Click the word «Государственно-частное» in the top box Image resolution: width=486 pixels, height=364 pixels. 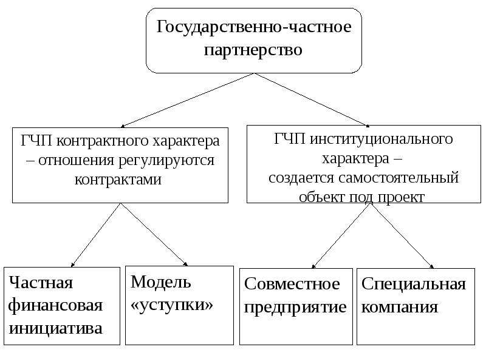tap(254, 27)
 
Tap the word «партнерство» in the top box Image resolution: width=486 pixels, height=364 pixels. tap(253, 50)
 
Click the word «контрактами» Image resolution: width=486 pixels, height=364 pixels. tap(118, 180)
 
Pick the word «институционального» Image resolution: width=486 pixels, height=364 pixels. tap(382, 140)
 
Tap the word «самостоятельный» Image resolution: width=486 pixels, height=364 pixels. tap(399, 178)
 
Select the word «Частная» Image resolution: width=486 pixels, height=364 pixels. tap(41, 282)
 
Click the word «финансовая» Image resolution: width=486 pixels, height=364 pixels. tap(55, 305)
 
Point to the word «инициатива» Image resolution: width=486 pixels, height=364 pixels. tap(55, 328)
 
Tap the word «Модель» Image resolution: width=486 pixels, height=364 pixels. tap(160, 281)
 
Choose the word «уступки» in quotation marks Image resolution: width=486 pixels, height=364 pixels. tap(172, 305)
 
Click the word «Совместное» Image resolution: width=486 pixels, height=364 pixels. tap(292, 283)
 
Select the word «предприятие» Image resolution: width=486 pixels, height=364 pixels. tap(295, 308)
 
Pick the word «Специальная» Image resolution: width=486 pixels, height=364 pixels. tap(414, 283)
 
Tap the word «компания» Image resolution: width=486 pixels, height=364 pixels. tap(400, 308)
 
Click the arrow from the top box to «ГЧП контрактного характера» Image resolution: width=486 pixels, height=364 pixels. tap(187, 100)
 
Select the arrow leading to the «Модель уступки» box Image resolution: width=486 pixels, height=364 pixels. tap(154, 235)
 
